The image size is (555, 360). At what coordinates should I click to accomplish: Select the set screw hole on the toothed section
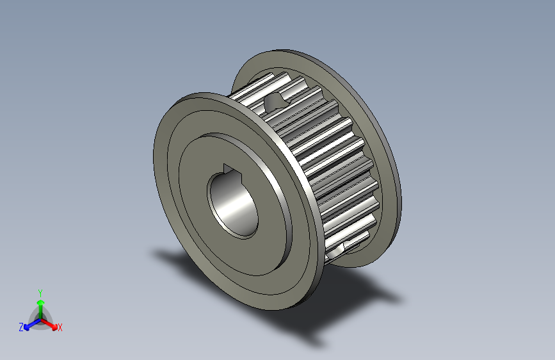coord(275,100)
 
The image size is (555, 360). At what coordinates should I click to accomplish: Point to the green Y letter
coord(40,292)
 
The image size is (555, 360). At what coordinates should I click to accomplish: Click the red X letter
coord(60,327)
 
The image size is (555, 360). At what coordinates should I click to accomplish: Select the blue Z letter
coord(21,327)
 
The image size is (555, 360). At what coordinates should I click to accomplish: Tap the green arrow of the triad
coord(40,304)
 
